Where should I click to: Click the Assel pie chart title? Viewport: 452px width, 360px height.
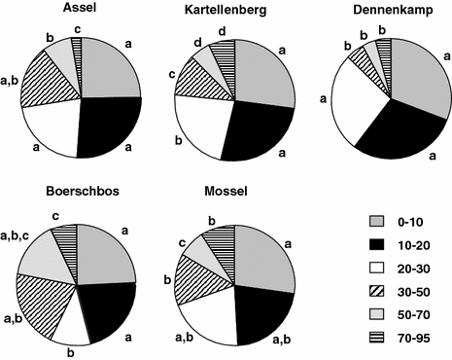click(82, 8)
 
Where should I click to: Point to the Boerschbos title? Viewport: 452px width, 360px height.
click(83, 193)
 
